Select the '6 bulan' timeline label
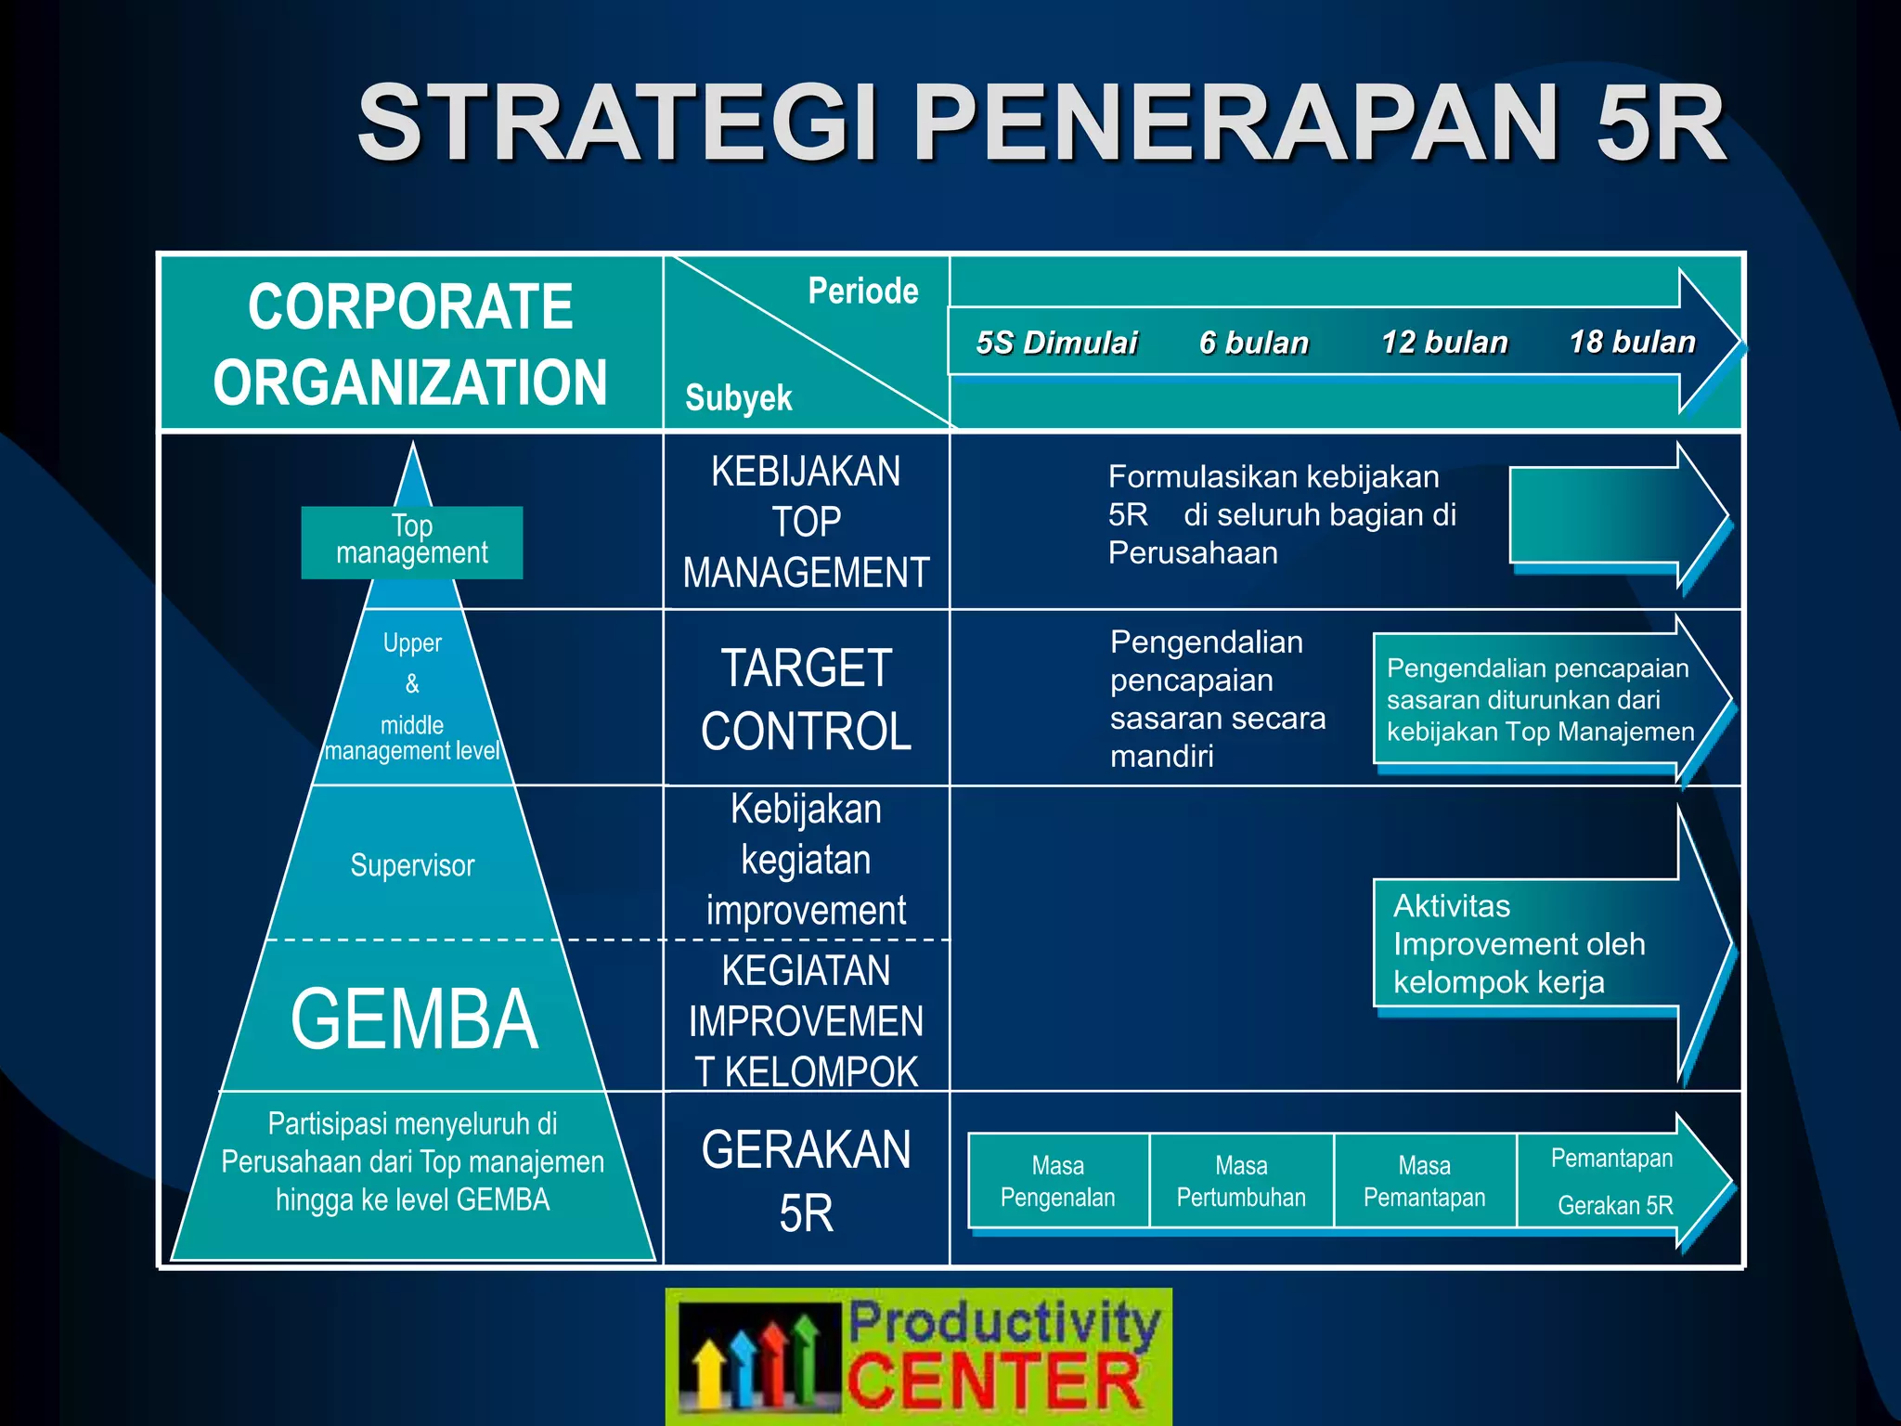pos(1253,343)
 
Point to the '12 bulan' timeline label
pos(1444,342)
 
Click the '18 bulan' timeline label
pos(1632,342)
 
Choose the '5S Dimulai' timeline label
pos(1056,343)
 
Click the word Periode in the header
pos(862,292)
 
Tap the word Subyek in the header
pos(738,398)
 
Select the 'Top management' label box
pos(412,541)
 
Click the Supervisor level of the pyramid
pos(412,865)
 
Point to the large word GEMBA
pos(414,1019)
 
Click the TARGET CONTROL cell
pos(806,698)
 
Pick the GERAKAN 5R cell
pos(806,1180)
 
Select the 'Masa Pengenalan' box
pos(1057,1181)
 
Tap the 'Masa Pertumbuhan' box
pos(1241,1181)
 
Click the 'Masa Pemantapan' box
pos(1424,1181)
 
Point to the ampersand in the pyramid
pos(412,684)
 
